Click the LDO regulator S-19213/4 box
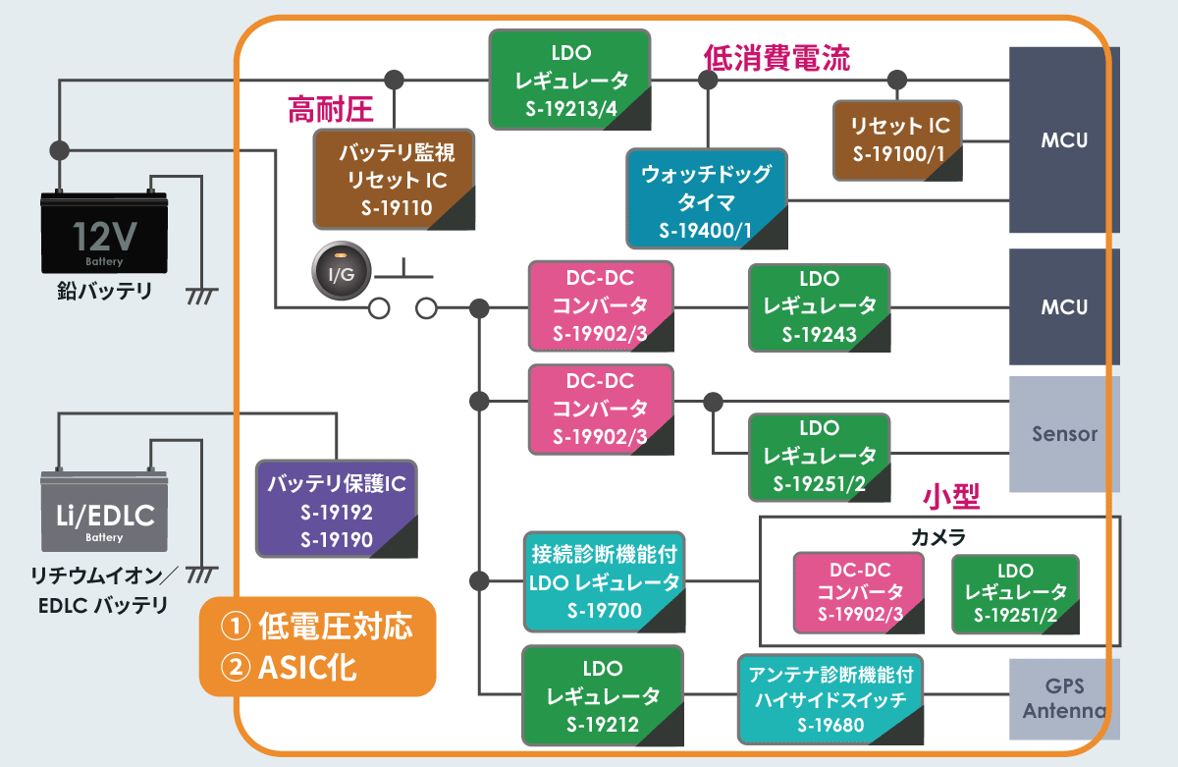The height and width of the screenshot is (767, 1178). coord(570,81)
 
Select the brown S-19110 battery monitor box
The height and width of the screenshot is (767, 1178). coord(394,180)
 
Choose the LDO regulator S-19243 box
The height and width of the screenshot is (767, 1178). coord(819,306)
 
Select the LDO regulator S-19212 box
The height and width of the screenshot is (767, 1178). coord(603,695)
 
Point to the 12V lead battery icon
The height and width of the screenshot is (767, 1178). coord(104,232)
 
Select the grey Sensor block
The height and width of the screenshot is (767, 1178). coord(1064,433)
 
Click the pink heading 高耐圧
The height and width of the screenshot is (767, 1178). coord(330,109)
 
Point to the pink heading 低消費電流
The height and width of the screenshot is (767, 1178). coord(776,57)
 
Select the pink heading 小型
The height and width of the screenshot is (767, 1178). coord(952,496)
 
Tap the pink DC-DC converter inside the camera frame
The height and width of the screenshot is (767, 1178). coord(859,592)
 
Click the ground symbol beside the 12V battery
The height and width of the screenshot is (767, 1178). coord(202,294)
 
